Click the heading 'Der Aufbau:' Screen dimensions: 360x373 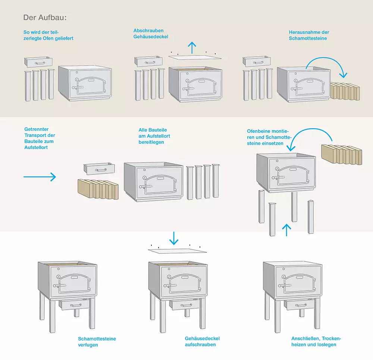tap(45, 18)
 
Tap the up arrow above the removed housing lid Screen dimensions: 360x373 tap(192, 48)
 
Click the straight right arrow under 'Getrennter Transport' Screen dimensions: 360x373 tap(40, 177)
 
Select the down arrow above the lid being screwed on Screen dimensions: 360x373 tap(174, 238)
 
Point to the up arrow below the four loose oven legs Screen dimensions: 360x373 tap(286, 230)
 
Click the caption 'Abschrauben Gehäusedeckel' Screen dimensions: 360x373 tap(151, 34)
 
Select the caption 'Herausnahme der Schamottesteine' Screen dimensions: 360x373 tap(309, 35)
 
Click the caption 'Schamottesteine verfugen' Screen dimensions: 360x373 tap(97, 342)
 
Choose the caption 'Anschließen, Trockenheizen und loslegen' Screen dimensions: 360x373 tap(316, 341)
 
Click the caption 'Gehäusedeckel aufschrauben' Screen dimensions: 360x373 tap(202, 341)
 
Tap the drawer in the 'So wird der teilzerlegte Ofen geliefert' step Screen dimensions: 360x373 tap(38, 62)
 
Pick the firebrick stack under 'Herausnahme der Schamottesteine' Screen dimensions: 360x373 tap(345, 91)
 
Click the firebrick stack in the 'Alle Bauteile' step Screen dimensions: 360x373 tap(97, 189)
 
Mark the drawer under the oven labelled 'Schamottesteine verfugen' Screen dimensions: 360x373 tap(74, 304)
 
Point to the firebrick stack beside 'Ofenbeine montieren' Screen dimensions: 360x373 tap(341, 154)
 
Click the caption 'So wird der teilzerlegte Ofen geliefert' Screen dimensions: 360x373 tap(48, 35)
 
